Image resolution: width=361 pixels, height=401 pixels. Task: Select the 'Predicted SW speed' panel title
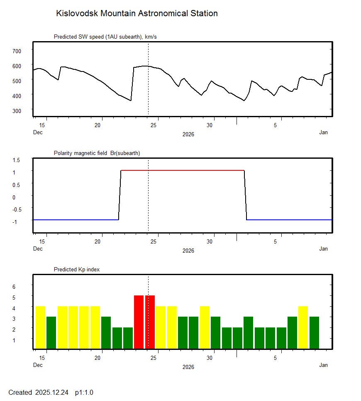pyautogui.click(x=105, y=37)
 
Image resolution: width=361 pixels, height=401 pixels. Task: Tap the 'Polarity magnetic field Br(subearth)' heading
pyautogui.click(x=97, y=153)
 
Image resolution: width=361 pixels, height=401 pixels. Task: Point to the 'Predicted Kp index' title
pyautogui.click(x=77, y=269)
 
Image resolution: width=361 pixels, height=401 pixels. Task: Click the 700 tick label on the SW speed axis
pyautogui.click(x=17, y=51)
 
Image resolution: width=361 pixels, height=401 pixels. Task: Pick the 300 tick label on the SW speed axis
pyautogui.click(x=17, y=111)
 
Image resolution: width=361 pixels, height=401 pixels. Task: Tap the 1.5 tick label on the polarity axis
pyautogui.click(x=17, y=160)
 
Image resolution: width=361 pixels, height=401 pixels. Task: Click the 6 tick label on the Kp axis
pyautogui.click(x=14, y=287)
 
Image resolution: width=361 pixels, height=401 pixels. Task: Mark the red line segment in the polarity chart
pyautogui.click(x=183, y=170)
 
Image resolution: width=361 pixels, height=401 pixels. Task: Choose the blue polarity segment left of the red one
pyautogui.click(x=75, y=219)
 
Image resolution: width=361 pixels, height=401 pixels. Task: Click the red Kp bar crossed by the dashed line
pyautogui.click(x=150, y=322)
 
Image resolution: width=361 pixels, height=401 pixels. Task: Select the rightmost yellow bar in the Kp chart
pyautogui.click(x=303, y=327)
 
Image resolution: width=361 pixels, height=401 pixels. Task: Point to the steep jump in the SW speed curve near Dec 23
pyautogui.click(x=132, y=83)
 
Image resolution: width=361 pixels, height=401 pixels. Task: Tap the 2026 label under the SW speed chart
pyautogui.click(x=188, y=134)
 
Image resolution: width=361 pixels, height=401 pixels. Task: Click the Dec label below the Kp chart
pyautogui.click(x=38, y=365)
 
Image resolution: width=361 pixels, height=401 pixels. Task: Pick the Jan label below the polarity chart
pyautogui.click(x=323, y=248)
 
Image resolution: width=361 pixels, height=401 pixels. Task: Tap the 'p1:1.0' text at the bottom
pyautogui.click(x=84, y=392)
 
